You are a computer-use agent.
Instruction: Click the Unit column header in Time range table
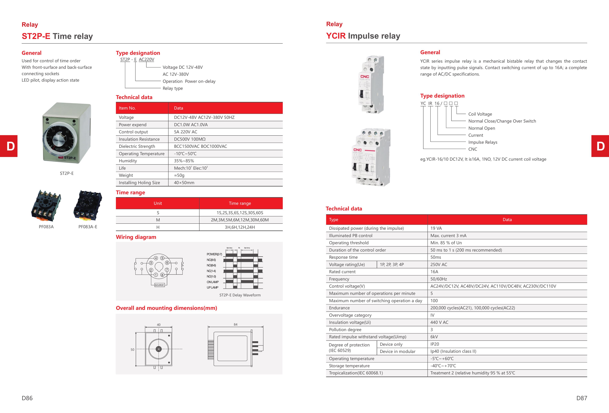[158, 203]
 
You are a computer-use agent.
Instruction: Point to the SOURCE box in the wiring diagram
[159, 285]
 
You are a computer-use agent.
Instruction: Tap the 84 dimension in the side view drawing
[236, 324]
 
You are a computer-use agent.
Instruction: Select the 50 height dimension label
[132, 350]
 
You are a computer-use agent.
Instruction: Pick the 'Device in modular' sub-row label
[398, 351]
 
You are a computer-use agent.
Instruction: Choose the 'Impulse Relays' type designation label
[483, 142]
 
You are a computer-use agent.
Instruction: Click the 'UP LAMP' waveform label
[212, 287]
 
